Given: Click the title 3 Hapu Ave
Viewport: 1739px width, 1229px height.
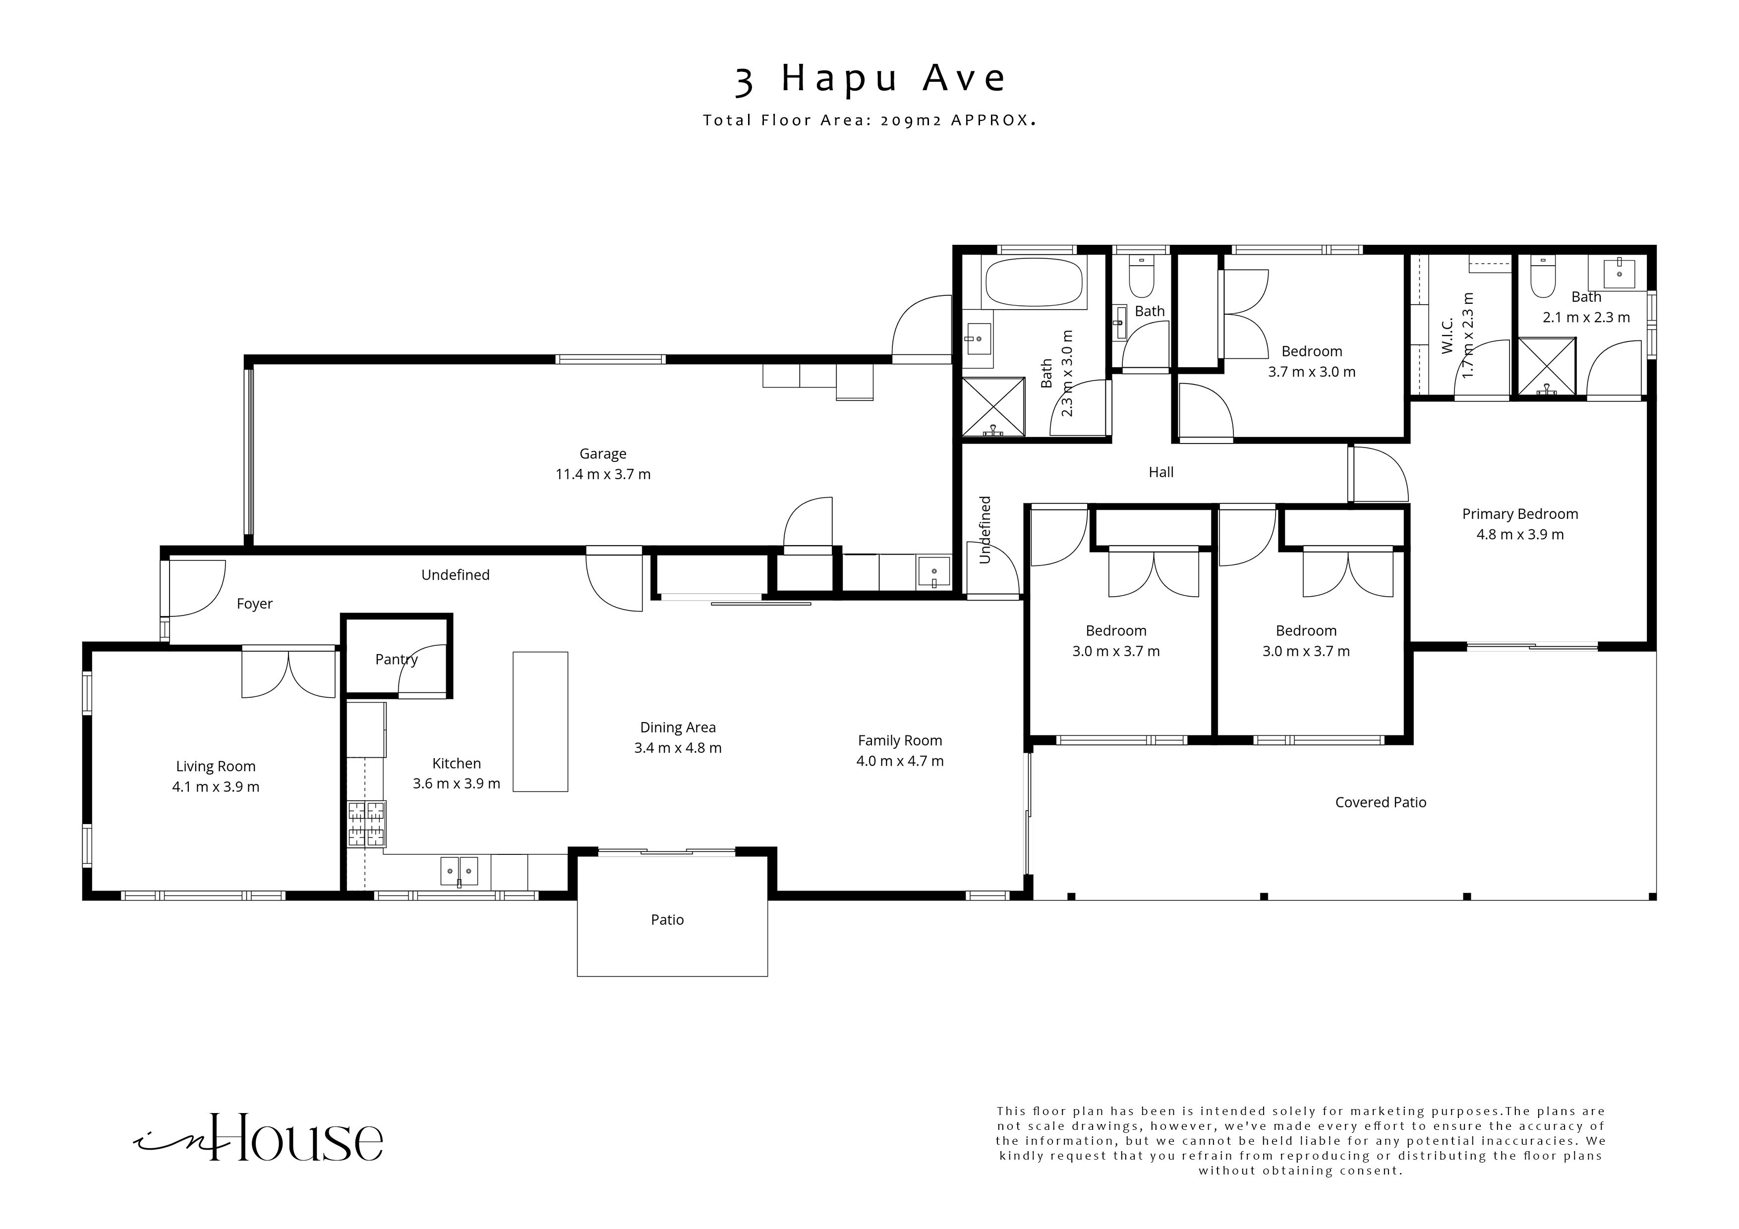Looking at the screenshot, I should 870,79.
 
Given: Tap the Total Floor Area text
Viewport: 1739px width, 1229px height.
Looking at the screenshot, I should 869,120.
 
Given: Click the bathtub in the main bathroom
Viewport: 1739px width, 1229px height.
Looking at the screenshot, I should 1035,281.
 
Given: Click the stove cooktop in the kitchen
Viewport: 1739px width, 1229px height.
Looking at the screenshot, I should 366,824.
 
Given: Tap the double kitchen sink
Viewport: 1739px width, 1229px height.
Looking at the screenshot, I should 460,871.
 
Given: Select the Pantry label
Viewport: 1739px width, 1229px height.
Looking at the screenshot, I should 396,660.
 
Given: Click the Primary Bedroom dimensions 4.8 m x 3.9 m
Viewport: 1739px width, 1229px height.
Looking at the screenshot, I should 1519,535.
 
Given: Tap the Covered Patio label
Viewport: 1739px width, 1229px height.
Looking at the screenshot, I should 1380,803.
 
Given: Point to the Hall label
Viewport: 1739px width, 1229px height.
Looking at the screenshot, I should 1160,472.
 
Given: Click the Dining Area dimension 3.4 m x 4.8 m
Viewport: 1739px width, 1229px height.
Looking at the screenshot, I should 677,748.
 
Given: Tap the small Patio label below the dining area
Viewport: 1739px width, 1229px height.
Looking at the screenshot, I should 667,920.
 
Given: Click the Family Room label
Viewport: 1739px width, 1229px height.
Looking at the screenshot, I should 900,740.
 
